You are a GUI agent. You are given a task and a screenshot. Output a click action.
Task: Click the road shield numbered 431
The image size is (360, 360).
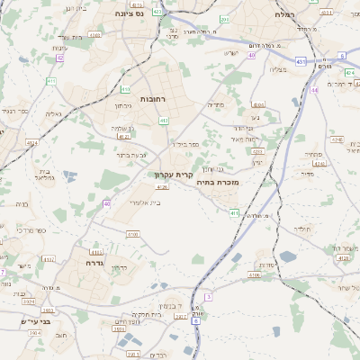(x=300, y=62)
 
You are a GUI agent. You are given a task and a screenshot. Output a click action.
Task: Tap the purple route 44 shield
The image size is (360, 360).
(x=314, y=90)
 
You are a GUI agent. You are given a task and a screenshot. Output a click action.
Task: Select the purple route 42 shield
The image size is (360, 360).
(x=60, y=58)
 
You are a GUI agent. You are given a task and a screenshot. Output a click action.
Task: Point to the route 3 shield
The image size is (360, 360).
(x=208, y=296)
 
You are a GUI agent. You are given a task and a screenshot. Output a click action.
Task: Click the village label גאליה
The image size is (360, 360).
(x=52, y=113)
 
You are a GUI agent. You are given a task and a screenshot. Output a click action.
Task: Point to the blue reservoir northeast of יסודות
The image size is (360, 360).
(x=288, y=256)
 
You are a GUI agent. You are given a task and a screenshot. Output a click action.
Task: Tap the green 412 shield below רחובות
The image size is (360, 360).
(x=164, y=120)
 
